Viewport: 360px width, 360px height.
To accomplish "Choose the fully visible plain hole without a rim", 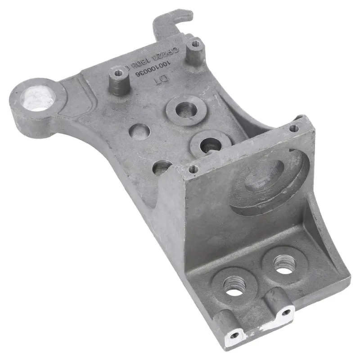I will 139,132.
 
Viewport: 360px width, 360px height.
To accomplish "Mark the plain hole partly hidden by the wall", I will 162,167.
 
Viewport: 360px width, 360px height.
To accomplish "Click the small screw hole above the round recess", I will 294,129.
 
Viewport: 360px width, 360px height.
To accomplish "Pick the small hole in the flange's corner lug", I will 234,335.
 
